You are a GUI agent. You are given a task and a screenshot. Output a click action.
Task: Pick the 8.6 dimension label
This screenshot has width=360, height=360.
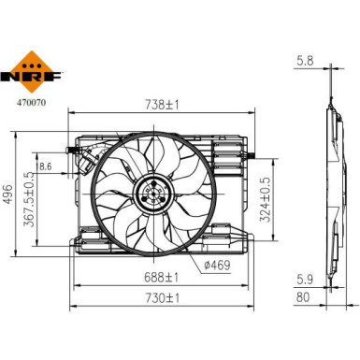coord(72,167)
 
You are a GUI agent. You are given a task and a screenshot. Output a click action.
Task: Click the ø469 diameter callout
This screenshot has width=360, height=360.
coord(216,265)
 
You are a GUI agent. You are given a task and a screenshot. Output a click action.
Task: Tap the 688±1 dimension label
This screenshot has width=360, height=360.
coord(162,278)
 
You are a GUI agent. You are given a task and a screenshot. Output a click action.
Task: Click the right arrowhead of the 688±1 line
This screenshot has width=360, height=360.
coord(245,285)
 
